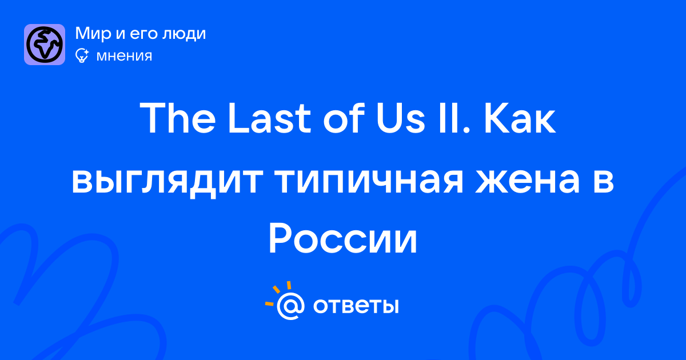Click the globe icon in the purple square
coord(45,45)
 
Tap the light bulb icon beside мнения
coord(82,56)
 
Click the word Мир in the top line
coord(93,33)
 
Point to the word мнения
coord(124,56)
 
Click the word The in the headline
coord(178,118)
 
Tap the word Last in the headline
coord(269,118)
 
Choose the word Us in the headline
coord(401,118)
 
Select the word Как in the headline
coord(520,118)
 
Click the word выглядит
coord(167,181)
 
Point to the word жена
coord(527,181)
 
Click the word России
coord(343,238)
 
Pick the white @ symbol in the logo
coord(290,306)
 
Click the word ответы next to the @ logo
coord(356,306)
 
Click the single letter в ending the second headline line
coord(603,181)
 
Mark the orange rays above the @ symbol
coord(278,293)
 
